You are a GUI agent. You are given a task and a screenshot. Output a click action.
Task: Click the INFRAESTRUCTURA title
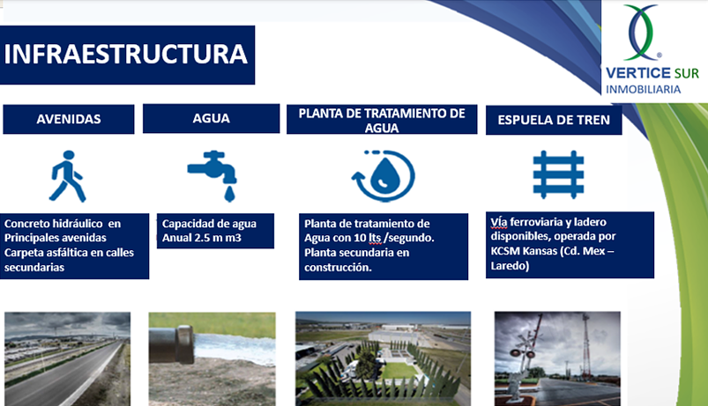126,55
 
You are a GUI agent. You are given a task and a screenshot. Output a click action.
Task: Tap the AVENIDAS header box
68,119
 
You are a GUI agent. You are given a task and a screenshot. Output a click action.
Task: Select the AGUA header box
211,119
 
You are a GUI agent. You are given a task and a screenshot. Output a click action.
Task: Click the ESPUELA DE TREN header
554,120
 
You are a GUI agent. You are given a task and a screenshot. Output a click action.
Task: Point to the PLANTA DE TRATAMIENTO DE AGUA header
381,120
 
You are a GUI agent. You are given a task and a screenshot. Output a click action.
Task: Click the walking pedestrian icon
67,176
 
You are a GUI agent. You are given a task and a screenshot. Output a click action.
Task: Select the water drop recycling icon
383,176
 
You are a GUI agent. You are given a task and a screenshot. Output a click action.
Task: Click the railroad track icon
558,173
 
